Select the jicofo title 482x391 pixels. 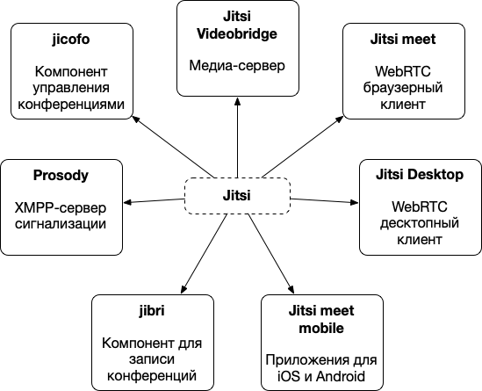click(x=72, y=40)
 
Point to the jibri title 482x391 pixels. click(x=153, y=312)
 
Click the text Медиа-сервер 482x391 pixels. click(x=237, y=65)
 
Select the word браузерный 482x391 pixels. click(x=402, y=88)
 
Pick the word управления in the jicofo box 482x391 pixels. click(x=72, y=89)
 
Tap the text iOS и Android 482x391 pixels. click(x=321, y=377)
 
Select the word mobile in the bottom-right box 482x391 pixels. click(x=321, y=328)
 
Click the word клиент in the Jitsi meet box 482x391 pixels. click(x=402, y=104)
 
